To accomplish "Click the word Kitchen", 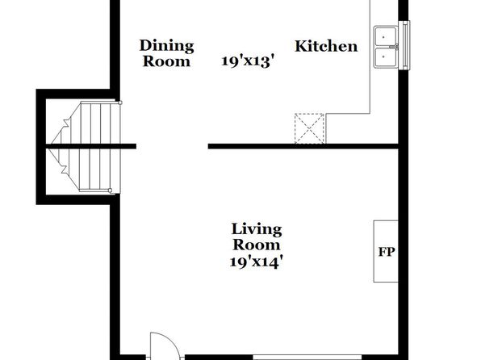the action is coord(326,46).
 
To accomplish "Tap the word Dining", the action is coord(166,46).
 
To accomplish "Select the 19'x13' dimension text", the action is coord(247,61).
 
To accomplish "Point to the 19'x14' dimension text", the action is coord(256,262).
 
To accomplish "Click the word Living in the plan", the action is coord(257,230).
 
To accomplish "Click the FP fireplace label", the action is coord(387,252).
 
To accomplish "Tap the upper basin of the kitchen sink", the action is coord(385,37).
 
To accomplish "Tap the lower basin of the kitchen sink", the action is coord(385,57).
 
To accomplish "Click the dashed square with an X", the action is coord(309,128).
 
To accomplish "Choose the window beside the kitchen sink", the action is coord(404,45).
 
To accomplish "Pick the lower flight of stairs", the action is coord(86,170).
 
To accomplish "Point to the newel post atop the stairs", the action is coord(120,103).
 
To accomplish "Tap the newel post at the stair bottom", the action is coord(110,190).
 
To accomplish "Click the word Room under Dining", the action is coord(166,61).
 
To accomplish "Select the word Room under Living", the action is coord(257,245).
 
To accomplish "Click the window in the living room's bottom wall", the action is coord(307,358).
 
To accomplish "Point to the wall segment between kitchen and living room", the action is coord(303,146).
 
